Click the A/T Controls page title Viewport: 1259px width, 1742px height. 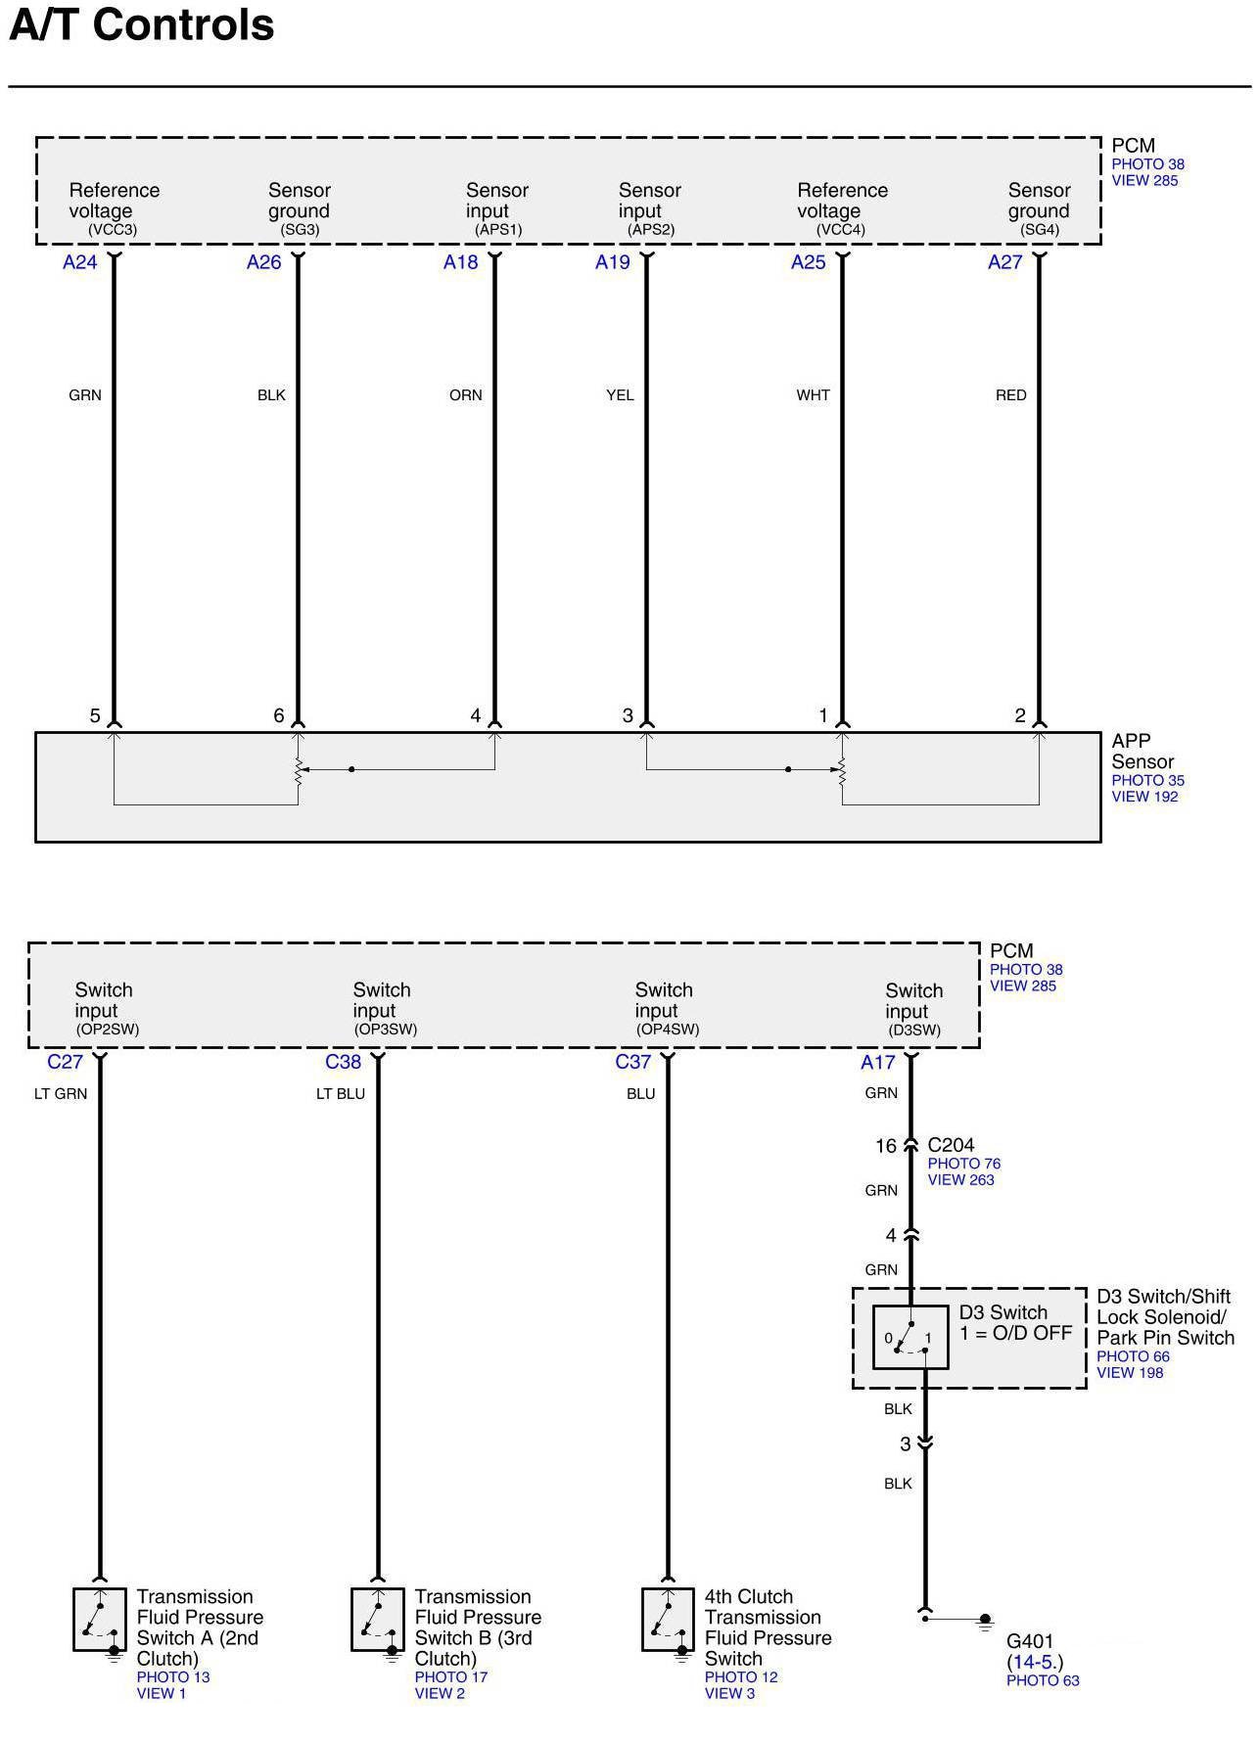coord(142,24)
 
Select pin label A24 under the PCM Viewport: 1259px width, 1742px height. coord(80,262)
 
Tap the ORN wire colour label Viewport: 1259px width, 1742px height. coord(466,395)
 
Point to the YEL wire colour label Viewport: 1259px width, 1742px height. coord(620,395)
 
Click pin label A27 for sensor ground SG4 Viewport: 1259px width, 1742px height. coord(1004,262)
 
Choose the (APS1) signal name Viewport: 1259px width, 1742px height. coord(498,230)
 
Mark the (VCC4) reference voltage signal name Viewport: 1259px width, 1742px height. coord(841,230)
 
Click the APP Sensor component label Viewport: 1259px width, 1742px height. coord(1142,752)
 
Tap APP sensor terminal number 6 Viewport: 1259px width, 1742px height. coord(279,716)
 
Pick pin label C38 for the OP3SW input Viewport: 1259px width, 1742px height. coord(344,1062)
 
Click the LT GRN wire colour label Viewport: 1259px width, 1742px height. coord(61,1094)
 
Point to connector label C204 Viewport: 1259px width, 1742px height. coord(951,1145)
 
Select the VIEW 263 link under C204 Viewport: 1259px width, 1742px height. coord(960,1180)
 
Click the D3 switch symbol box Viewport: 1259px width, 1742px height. coord(910,1337)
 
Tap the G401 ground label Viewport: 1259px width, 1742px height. coord(1030,1641)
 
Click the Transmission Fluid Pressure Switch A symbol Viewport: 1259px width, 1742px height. coord(100,1620)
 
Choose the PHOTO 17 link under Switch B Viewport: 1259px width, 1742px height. coord(450,1677)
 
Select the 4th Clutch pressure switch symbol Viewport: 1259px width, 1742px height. coord(668,1620)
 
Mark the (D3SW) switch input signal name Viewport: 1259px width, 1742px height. coord(914,1031)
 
